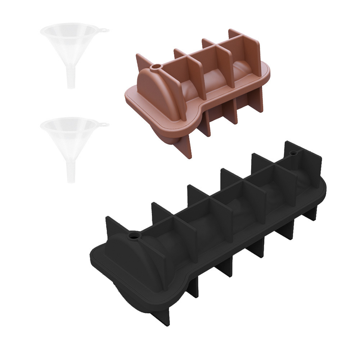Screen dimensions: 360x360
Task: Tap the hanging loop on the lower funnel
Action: (x=104, y=124)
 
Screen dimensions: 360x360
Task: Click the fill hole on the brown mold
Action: (x=157, y=67)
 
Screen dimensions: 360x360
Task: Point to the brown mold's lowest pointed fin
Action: (x=187, y=148)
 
